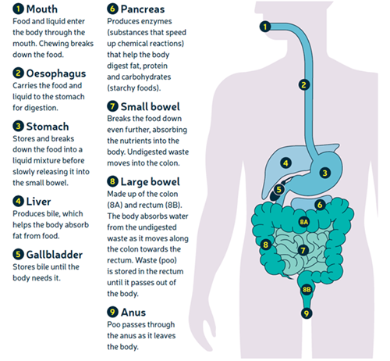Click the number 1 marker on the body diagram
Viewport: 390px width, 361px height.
point(265,27)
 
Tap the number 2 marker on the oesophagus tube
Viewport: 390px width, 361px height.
point(303,85)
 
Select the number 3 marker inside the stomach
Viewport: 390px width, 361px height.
point(324,173)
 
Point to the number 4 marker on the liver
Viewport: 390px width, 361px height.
point(285,163)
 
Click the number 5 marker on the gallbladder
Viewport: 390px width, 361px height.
point(278,189)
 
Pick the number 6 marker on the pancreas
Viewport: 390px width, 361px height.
point(320,205)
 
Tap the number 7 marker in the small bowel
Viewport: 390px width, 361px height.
point(303,250)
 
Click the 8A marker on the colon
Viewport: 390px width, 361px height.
point(303,222)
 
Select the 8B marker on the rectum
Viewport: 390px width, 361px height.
point(307,290)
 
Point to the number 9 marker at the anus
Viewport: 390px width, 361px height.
point(307,313)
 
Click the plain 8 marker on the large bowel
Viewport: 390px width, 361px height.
point(265,245)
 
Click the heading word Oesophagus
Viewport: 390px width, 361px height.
point(56,73)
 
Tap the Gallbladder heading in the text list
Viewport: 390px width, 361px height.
point(55,255)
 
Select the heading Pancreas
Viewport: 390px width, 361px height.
point(143,9)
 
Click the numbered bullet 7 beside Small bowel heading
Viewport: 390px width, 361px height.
point(112,106)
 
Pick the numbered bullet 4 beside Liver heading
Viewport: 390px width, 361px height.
point(18,202)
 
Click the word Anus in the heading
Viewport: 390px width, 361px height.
point(133,313)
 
